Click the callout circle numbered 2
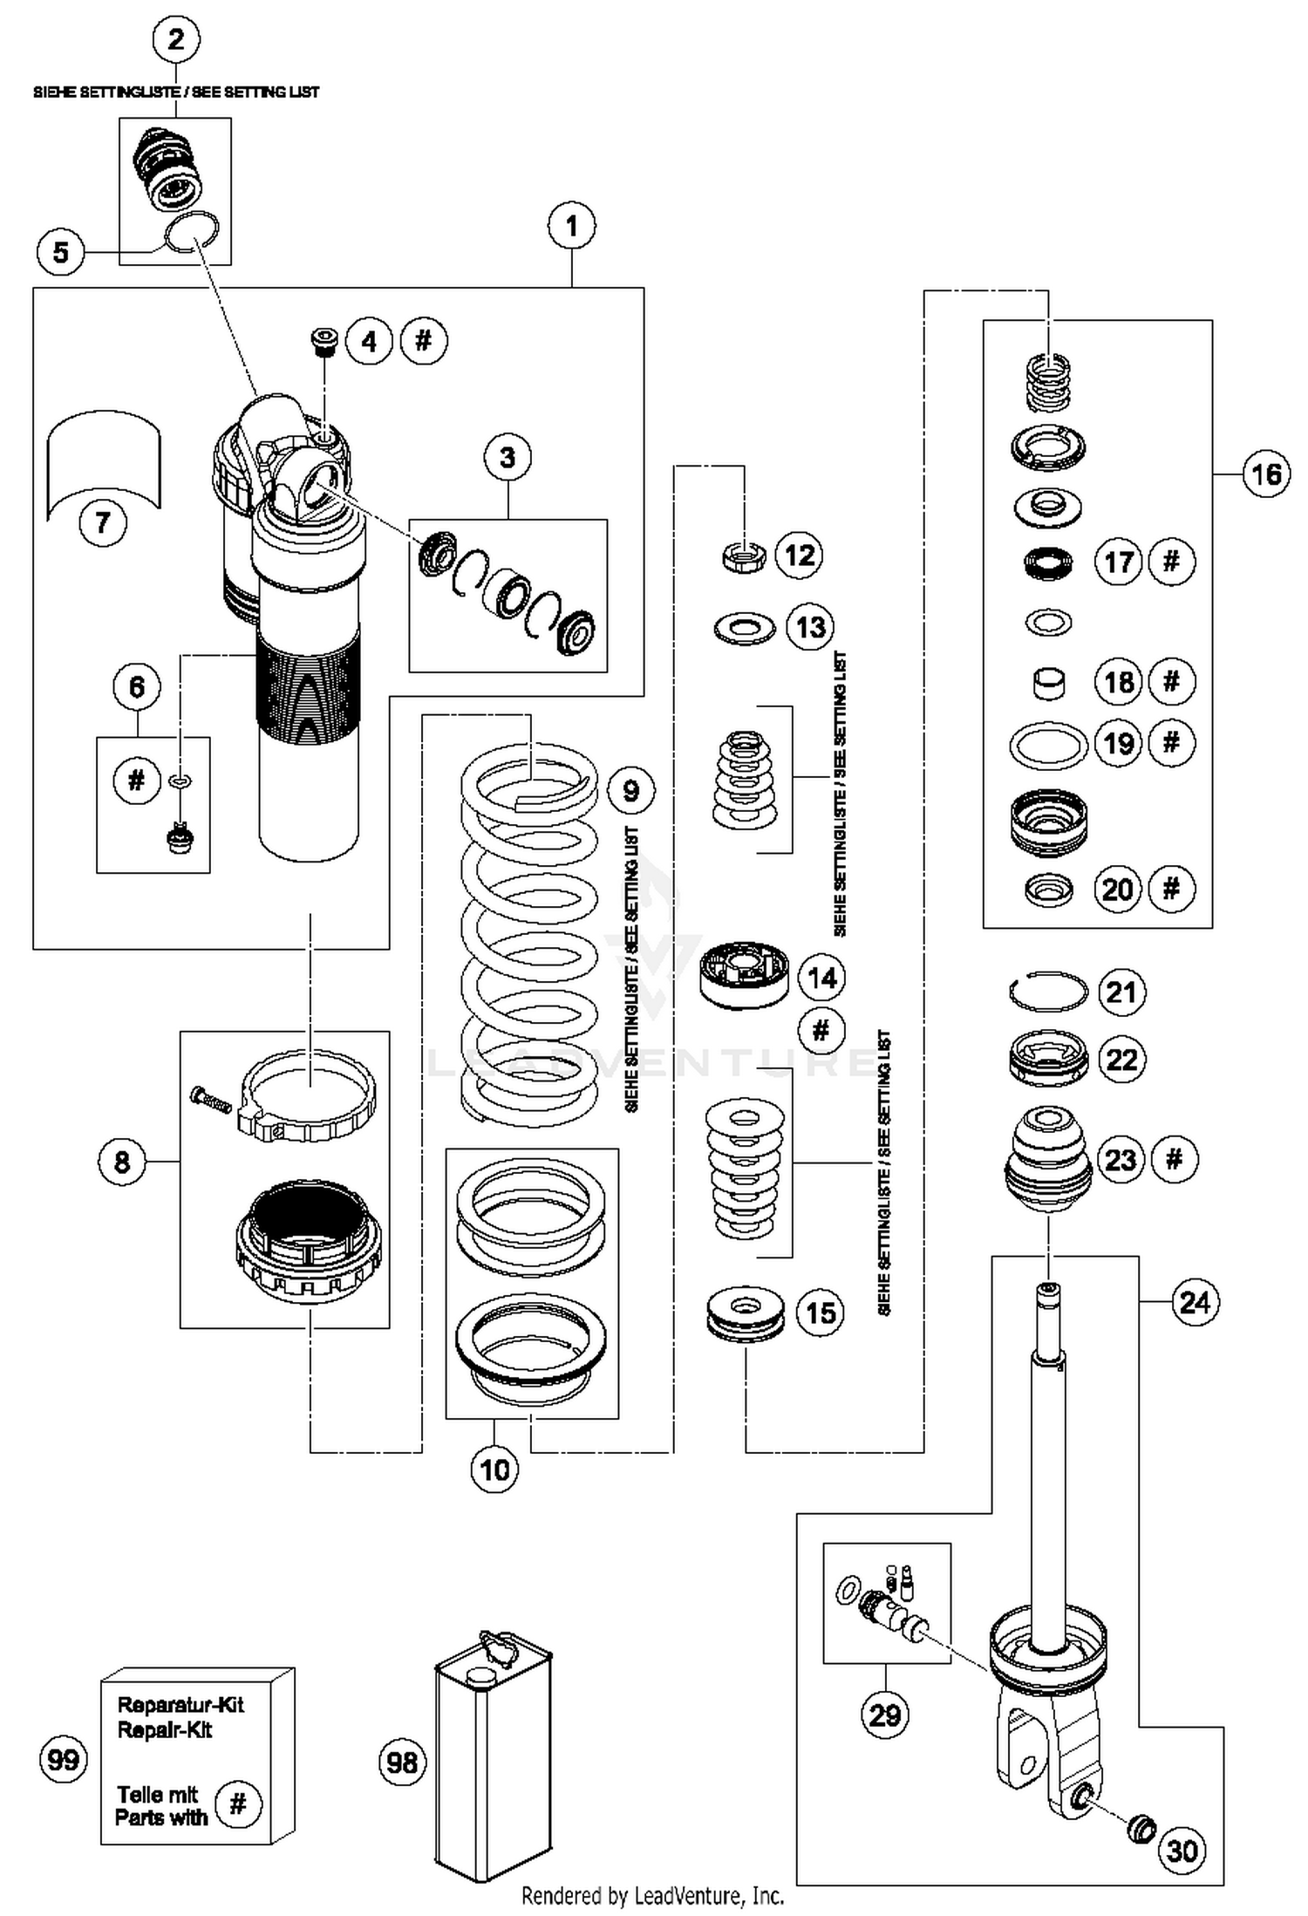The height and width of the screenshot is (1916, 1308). pos(176,39)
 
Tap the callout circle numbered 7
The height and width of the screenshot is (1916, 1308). pos(103,522)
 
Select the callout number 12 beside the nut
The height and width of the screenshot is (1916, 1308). pos(800,555)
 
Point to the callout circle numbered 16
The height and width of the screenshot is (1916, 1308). pos(1265,474)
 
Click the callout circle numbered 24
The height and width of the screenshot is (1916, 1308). pos(1194,1303)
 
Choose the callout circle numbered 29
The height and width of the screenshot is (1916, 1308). pos(885,1715)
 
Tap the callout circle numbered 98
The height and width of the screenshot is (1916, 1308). pos(402,1763)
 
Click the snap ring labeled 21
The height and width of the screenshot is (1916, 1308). pos(1047,992)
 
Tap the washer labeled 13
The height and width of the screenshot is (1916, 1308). pos(744,627)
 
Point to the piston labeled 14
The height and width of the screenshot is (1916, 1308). pos(745,974)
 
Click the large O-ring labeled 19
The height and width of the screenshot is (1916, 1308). pos(1048,746)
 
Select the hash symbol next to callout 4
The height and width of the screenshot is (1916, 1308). pos(424,340)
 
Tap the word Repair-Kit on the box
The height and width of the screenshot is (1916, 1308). pos(165,1730)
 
